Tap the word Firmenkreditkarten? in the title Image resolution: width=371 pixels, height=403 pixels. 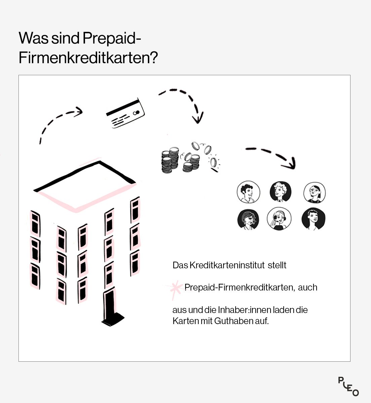point(88,58)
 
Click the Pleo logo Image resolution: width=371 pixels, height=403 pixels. point(348,386)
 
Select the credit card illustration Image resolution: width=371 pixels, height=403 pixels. point(125,113)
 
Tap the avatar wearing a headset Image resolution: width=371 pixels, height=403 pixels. point(279,219)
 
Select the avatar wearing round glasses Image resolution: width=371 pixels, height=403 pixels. point(315,192)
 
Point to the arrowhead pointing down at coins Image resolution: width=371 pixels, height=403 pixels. point(198,118)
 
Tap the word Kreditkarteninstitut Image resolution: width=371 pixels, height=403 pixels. point(227,265)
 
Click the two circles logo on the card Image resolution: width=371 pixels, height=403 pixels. point(136,113)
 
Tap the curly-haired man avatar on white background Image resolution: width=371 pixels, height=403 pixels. point(248,192)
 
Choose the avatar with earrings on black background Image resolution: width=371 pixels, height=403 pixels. point(248,219)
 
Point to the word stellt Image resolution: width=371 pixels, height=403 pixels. point(277,265)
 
